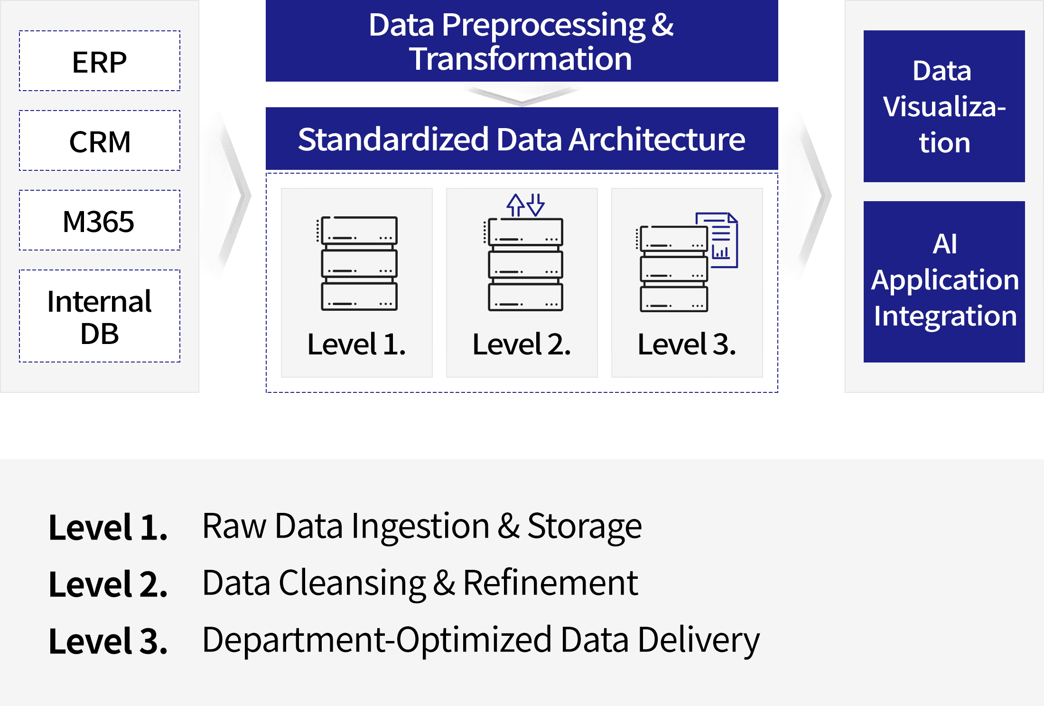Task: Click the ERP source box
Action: coord(100,61)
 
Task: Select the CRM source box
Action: coord(100,141)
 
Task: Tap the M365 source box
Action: coord(100,221)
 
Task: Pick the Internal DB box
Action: coord(100,316)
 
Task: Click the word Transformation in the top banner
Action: coord(521,59)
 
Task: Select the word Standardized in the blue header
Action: coord(393,139)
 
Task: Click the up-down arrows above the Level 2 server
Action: coord(525,205)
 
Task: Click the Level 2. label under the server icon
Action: coord(522,344)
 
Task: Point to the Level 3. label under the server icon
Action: coord(687,344)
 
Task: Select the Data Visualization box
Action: coord(944,106)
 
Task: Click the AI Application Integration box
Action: coord(944,281)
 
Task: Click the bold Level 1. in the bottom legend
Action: coord(108,527)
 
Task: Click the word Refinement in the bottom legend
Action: coord(550,583)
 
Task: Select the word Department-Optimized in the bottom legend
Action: coord(377,640)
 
